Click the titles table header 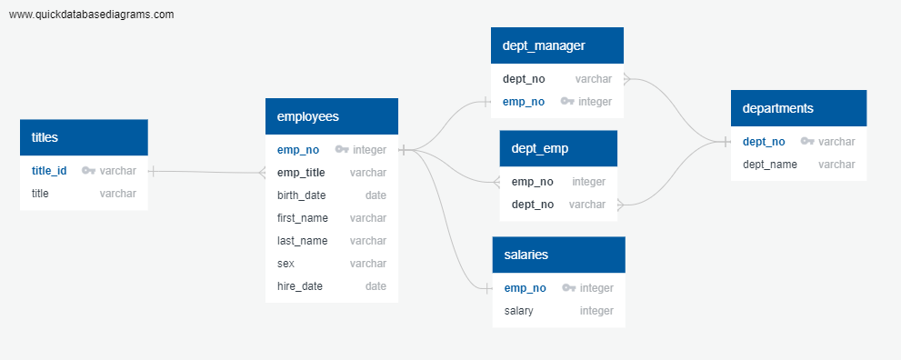click(84, 137)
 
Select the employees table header click(332, 116)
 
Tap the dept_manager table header click(556, 45)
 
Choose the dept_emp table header click(558, 148)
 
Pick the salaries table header click(558, 255)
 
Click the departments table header click(798, 108)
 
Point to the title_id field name click(49, 170)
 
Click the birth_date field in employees click(302, 195)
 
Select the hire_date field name click(300, 286)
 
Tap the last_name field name click(303, 241)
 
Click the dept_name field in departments click(770, 165)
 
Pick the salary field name click(519, 311)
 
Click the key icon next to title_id click(88, 170)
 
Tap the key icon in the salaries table click(568, 288)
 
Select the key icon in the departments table click(806, 142)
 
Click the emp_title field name click(301, 173)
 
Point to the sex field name click(285, 264)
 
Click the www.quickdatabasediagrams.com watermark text click(91, 15)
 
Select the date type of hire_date click(375, 286)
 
